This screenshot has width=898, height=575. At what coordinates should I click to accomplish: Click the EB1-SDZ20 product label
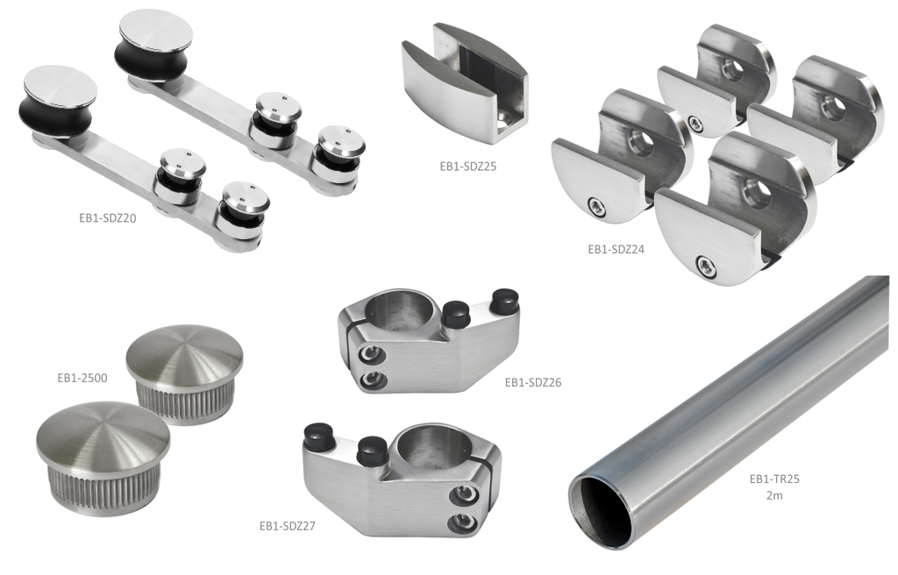[x=108, y=218]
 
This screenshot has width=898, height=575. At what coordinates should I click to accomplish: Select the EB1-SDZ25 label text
[x=468, y=167]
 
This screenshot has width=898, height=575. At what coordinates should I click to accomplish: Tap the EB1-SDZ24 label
[x=616, y=250]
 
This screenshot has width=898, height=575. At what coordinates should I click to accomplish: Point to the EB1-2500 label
[x=82, y=378]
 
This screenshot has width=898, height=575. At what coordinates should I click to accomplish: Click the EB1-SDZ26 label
[x=533, y=382]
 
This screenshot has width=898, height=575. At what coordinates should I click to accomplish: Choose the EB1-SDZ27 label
[x=288, y=526]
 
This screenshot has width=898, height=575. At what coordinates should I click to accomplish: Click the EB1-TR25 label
[x=774, y=479]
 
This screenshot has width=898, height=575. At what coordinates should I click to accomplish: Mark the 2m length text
[x=774, y=495]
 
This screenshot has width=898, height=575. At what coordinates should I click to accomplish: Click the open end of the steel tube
[x=601, y=511]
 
